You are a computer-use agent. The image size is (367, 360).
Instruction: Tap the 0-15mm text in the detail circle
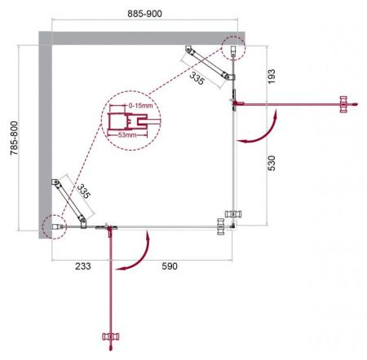(139, 107)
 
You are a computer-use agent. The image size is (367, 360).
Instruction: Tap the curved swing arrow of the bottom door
(138, 253)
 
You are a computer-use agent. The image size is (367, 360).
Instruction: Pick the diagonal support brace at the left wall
(70, 200)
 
